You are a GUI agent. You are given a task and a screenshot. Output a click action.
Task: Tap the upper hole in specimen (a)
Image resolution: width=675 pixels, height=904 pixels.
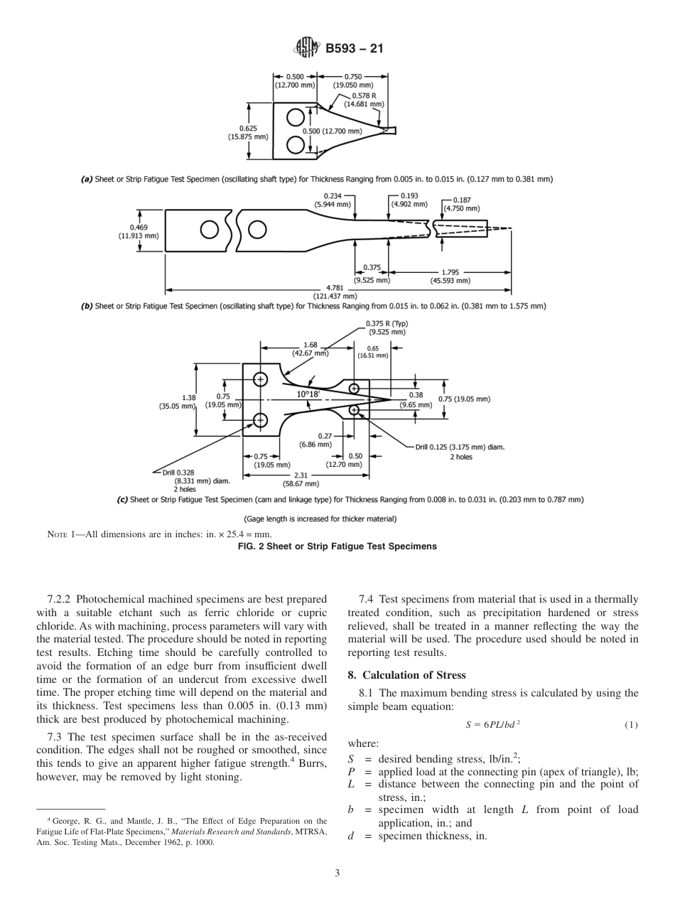tap(295, 117)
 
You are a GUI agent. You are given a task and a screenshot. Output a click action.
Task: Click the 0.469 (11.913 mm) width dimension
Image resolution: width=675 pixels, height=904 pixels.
tap(134, 232)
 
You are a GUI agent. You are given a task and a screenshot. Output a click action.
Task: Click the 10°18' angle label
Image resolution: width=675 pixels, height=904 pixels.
tap(308, 394)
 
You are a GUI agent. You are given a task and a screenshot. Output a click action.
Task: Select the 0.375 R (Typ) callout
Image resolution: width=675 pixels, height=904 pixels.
tap(387, 328)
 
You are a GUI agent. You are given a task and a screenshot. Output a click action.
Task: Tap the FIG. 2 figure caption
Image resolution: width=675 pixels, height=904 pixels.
tap(337, 546)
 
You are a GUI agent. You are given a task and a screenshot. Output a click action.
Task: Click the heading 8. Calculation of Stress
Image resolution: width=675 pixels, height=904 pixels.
tap(406, 674)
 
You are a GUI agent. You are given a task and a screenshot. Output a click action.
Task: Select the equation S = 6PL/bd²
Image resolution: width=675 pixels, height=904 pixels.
tap(493, 725)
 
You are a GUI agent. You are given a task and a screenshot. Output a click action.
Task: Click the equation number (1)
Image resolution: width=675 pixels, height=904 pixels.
tap(630, 725)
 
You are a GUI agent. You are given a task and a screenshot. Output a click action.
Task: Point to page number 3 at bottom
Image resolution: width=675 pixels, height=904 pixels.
tap(337, 873)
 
